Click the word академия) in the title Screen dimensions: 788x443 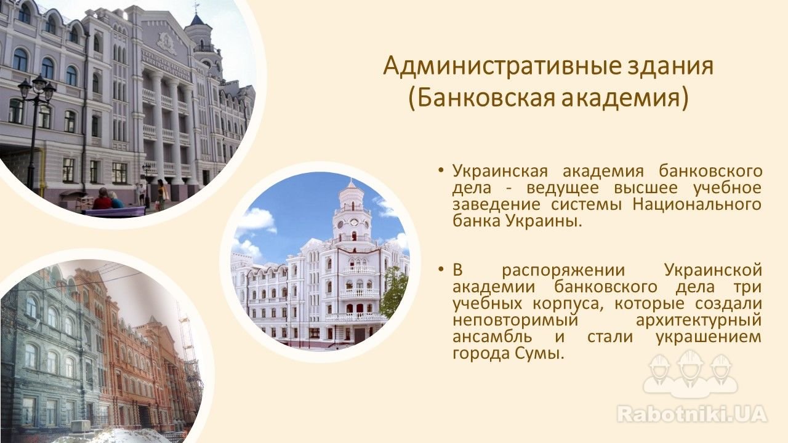pyautogui.click(x=625, y=100)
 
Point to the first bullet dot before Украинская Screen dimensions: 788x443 pyautogui.click(x=440, y=170)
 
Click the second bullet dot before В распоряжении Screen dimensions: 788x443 pyautogui.click(x=440, y=270)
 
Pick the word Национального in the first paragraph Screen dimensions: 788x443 pyautogui.click(x=697, y=204)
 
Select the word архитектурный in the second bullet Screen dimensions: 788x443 pyautogui.click(x=699, y=320)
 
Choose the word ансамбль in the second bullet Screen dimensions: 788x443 pyautogui.click(x=492, y=337)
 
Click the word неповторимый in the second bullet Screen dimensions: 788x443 pyautogui.click(x=515, y=320)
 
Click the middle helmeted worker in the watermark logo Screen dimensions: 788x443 pyautogui.click(x=690, y=372)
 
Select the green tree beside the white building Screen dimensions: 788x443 pyautogui.click(x=395, y=292)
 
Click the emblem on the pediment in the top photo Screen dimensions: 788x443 pyautogui.click(x=166, y=43)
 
